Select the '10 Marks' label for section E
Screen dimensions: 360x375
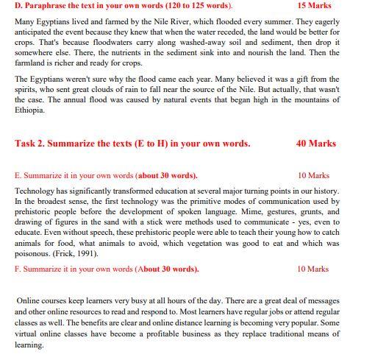click(314, 176)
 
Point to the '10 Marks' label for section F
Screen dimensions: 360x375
click(314, 269)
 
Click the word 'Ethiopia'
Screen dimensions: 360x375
click(29, 110)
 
